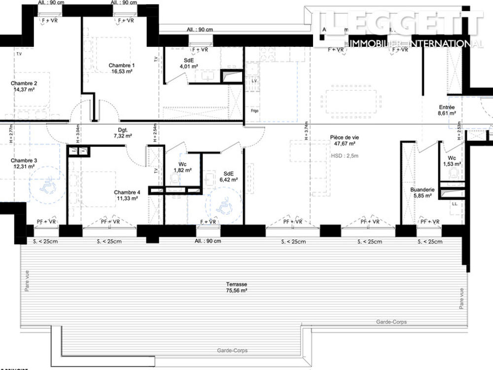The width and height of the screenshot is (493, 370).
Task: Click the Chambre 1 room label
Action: [121, 65]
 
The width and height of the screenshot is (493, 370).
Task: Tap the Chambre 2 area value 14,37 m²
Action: [24, 90]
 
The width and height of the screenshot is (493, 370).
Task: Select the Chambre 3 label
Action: [24, 160]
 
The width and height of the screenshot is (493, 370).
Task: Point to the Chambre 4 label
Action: [127, 192]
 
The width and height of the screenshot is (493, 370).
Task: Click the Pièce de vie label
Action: [344, 138]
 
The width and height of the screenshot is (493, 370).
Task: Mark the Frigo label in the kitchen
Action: [254, 111]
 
